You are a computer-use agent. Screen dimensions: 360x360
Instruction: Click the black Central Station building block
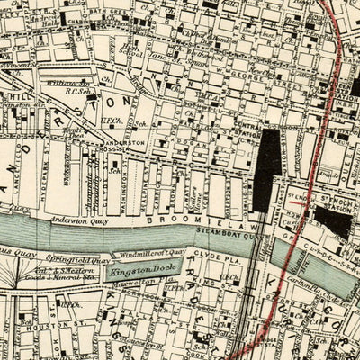pyautogui.click(x=268, y=166)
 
